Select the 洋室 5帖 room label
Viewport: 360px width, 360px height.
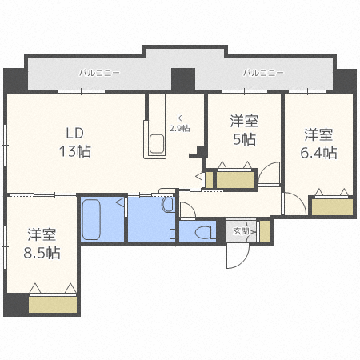tap(244, 130)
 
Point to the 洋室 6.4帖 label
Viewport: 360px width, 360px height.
tap(318, 143)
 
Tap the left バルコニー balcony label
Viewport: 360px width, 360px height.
tap(99, 73)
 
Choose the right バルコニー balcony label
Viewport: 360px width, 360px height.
tap(263, 73)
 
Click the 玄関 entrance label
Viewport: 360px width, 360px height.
tap(241, 231)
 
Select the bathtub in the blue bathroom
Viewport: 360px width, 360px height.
tap(91, 219)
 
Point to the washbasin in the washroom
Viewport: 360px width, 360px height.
tap(167, 205)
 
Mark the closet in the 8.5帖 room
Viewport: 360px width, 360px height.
tap(52, 303)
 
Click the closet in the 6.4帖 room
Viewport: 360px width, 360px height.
tap(331, 206)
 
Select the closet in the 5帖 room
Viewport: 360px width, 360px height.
tap(236, 178)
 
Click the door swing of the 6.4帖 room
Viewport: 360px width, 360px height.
tap(293, 204)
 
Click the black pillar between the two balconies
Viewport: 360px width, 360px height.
tap(183, 78)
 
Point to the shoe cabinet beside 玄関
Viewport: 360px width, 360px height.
tap(264, 230)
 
